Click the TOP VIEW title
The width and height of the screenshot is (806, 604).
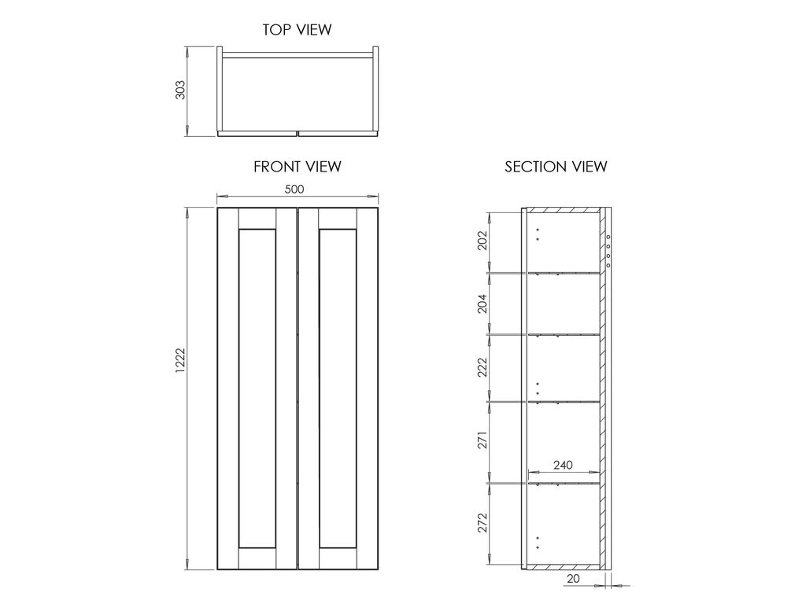[297, 30]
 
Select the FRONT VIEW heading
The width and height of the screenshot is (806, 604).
[297, 167]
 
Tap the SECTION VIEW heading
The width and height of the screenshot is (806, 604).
[556, 167]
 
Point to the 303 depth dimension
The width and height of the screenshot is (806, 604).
[180, 90]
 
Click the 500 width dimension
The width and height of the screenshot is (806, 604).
[294, 189]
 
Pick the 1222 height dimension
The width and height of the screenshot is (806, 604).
[180, 360]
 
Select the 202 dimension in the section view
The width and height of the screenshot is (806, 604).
[482, 241]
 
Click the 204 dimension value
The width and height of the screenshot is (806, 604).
[482, 304]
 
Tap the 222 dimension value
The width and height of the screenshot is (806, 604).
[482, 367]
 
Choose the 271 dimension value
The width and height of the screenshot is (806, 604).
[482, 440]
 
